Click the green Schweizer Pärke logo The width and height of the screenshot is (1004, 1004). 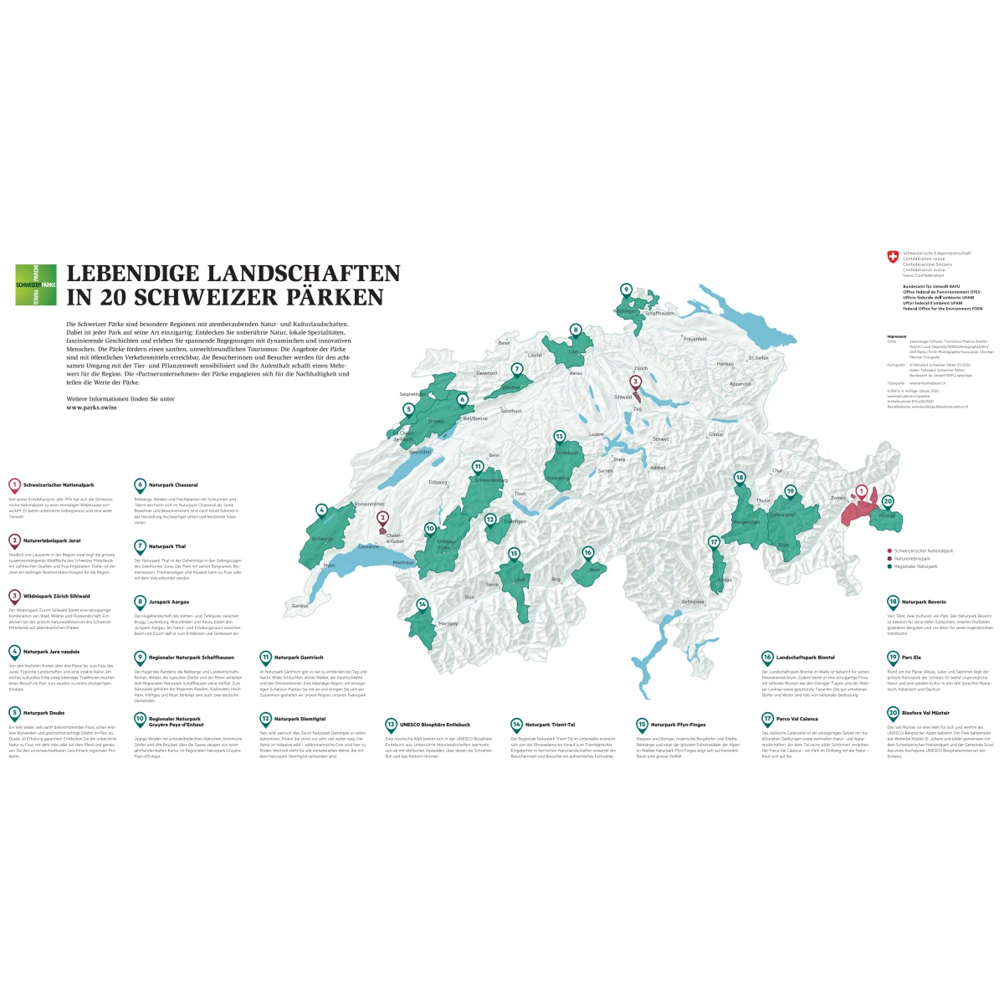coord(36,284)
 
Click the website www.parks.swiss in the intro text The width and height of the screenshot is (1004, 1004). coord(91,407)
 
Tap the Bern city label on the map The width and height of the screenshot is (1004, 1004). coord(494,455)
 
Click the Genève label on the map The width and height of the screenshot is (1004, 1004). coord(300,606)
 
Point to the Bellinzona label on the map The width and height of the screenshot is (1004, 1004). coord(693,602)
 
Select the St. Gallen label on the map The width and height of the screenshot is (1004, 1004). coord(758,358)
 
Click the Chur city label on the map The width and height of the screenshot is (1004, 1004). coord(778,471)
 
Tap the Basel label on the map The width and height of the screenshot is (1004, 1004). coord(504,343)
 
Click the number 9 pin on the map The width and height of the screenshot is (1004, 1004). coord(626,290)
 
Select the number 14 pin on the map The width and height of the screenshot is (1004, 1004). coord(423,605)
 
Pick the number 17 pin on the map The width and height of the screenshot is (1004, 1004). coord(714,543)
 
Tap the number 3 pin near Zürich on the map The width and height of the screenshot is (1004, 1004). coord(635,383)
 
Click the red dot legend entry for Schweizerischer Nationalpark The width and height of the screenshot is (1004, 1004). coord(890,551)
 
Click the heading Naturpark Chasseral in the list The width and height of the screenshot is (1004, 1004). coord(173,485)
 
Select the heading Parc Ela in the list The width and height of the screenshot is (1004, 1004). coord(911,658)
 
